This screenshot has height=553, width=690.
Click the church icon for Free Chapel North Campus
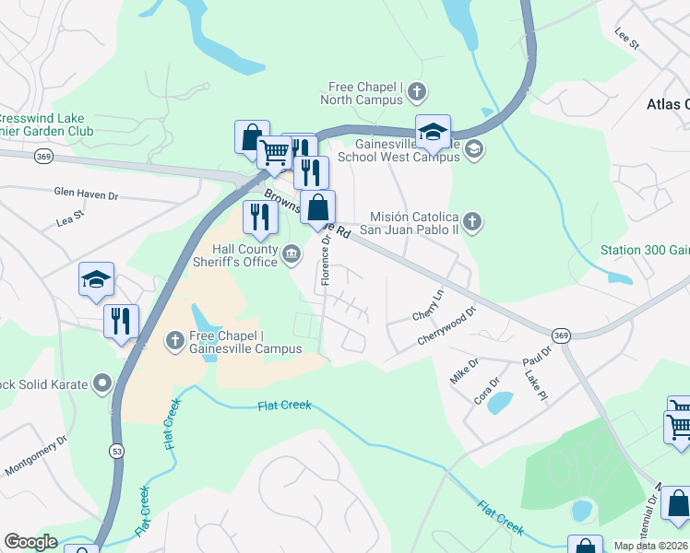tap(418, 91)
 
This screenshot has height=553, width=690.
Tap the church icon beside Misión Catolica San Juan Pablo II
tap(472, 221)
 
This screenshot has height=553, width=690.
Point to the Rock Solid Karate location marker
tap(102, 382)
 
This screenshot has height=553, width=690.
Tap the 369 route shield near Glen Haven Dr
tap(42, 158)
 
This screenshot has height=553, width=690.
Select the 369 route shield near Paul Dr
tap(560, 335)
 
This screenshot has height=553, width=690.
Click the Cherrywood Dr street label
tap(446, 327)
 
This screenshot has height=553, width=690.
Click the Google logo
tap(30, 542)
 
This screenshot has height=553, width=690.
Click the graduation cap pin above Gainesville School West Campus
tap(433, 131)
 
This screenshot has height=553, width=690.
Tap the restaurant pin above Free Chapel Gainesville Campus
tap(121, 321)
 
